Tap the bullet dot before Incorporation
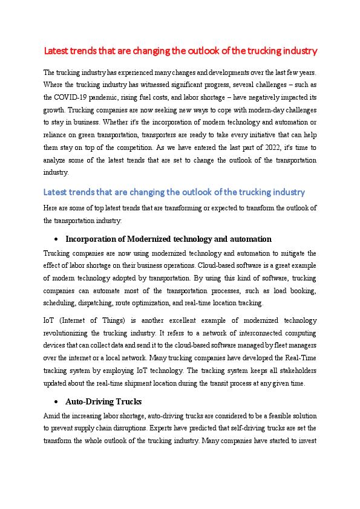[56, 239]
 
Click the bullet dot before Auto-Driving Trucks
[56, 401]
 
